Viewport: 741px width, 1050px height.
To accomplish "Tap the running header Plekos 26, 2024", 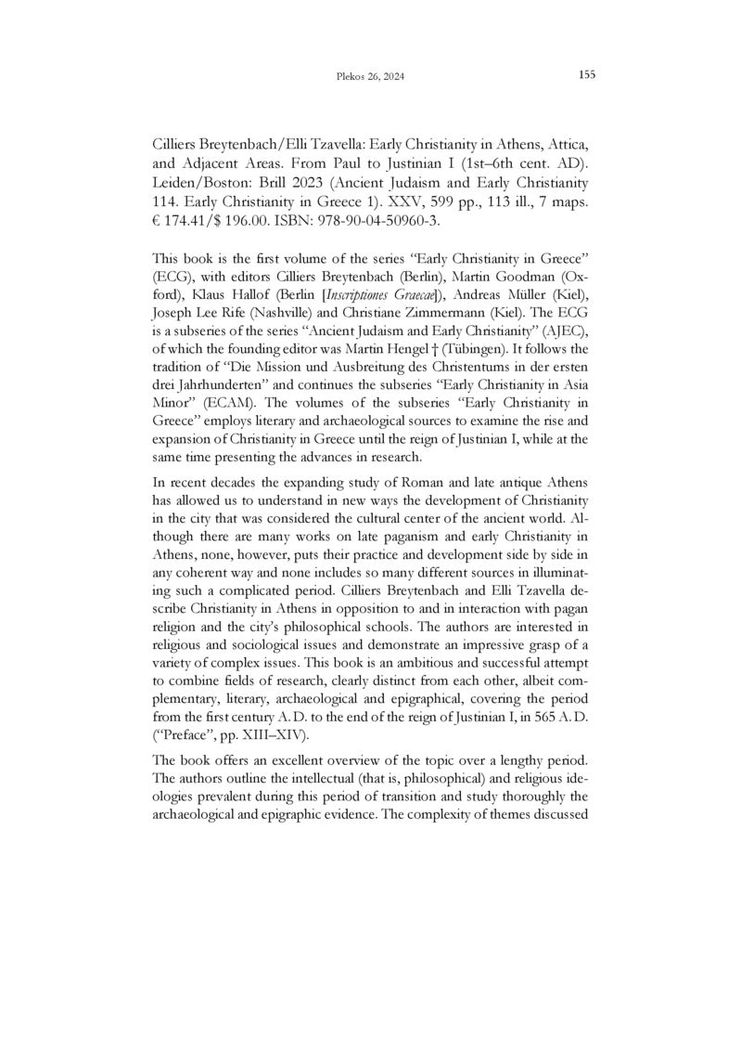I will point(370,76).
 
